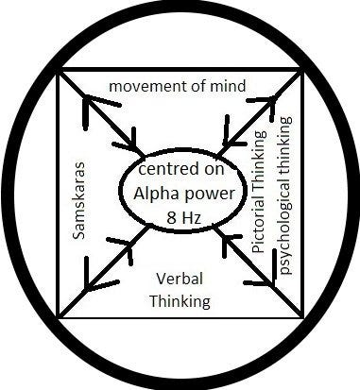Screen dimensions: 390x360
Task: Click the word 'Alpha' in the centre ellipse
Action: (x=156, y=192)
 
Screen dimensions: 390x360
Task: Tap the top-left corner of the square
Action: (x=60, y=70)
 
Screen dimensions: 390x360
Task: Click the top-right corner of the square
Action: (x=302, y=70)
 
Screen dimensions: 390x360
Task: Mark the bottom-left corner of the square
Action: (x=60, y=316)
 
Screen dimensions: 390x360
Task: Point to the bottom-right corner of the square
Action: (x=302, y=316)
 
